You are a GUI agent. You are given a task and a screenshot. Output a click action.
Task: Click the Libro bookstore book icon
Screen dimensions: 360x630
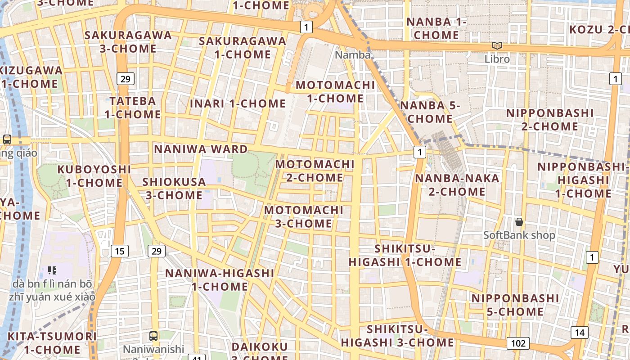tap(497, 46)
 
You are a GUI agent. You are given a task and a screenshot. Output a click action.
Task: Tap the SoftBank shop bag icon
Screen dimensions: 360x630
tap(519, 222)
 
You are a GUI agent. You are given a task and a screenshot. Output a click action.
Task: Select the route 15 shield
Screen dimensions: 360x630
tap(119, 251)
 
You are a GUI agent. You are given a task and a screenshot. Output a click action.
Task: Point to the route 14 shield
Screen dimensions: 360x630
tap(580, 333)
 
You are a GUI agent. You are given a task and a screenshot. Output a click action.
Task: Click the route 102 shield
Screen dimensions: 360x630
tap(518, 343)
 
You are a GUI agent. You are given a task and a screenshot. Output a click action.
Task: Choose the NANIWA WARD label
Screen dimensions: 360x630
tap(201, 149)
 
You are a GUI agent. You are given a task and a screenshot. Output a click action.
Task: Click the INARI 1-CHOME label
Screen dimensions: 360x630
tap(238, 103)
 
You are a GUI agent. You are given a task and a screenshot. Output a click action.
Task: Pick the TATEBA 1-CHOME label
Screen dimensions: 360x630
tap(133, 108)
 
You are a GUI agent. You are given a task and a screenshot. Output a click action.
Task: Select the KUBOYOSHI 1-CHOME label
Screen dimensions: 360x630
tap(94, 176)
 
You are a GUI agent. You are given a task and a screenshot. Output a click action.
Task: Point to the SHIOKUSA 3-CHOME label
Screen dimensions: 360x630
tap(174, 189)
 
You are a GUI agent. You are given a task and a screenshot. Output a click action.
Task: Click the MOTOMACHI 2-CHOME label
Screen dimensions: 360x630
tap(315, 171)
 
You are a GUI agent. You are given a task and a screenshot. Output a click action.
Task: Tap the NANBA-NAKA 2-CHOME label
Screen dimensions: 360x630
tap(450, 185)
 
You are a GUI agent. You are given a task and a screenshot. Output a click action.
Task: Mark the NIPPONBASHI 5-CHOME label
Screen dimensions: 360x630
tap(515, 305)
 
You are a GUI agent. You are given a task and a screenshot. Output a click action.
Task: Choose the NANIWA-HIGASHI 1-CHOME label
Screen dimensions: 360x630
tap(220, 280)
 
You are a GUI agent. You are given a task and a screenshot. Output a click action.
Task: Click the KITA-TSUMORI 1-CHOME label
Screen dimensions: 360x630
tap(52, 343)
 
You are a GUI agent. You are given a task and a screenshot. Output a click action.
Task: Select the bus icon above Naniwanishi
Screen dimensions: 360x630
tap(153, 336)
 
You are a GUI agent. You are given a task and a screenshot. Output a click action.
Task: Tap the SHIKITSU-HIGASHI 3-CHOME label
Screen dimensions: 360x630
tap(397, 336)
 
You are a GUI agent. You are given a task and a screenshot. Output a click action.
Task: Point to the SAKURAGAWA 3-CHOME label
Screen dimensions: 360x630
tap(128, 42)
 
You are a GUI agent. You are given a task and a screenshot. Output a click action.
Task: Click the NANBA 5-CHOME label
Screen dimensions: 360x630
tap(430, 112)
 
